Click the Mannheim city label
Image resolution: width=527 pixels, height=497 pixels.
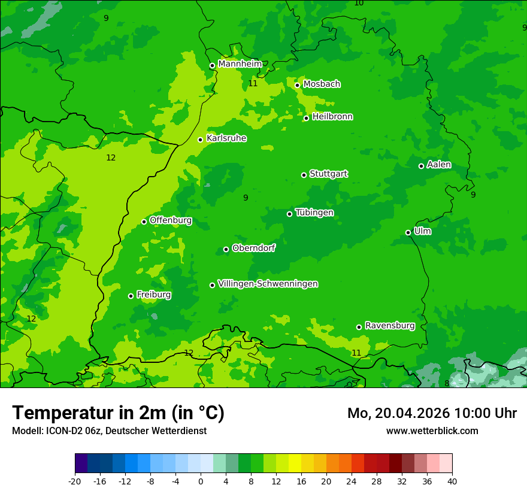240,63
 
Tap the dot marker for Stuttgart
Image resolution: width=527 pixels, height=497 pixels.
304,175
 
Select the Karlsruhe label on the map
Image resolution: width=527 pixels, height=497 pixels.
226,138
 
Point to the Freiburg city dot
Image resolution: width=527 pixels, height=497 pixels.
131,296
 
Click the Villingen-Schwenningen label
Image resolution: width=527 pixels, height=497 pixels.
268,284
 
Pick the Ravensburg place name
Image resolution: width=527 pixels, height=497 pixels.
389,326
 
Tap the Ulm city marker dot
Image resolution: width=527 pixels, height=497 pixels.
408,232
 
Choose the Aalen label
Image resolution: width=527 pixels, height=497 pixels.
439,165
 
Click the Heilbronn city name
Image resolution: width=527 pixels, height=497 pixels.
332,117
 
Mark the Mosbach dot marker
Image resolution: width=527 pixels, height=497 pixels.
297,85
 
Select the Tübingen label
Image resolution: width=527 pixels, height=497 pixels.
314,213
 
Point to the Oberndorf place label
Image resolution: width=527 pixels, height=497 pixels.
253,248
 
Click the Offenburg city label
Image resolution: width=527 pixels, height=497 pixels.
171,220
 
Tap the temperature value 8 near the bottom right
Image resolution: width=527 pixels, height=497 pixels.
447,383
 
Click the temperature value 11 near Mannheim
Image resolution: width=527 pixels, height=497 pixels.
253,83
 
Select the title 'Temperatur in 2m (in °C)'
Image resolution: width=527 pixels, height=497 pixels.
118,413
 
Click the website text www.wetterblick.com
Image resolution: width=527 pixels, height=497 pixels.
432,431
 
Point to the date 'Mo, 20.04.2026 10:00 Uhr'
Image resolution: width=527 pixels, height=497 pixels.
432,413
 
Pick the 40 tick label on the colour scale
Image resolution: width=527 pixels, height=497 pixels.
452,481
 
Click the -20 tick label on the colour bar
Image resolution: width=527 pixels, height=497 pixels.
75,481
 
